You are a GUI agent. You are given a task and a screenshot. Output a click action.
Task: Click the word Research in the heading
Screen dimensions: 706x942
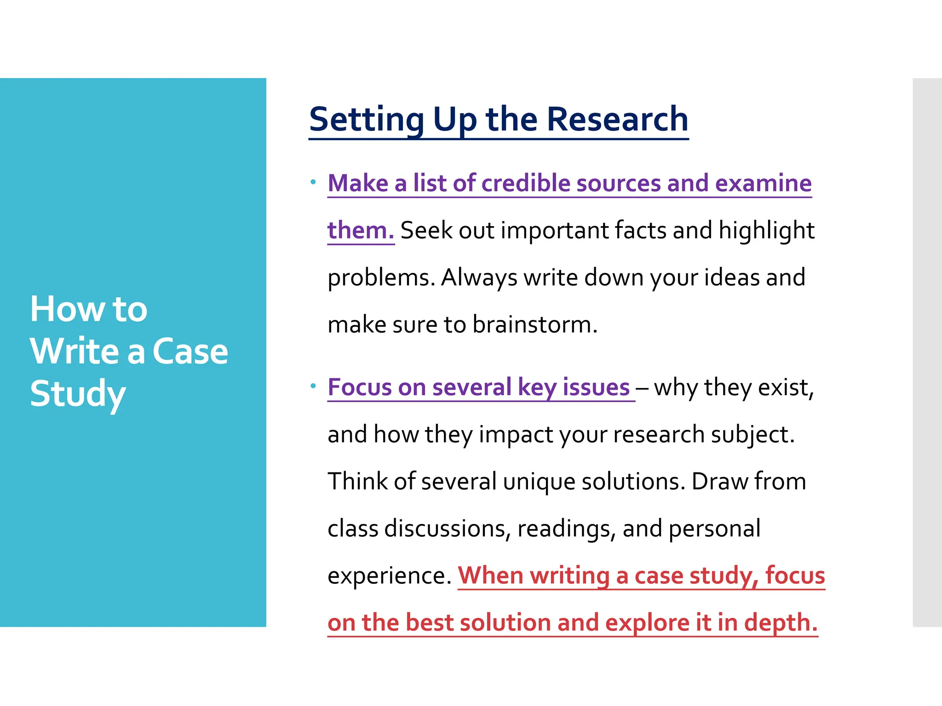(617, 120)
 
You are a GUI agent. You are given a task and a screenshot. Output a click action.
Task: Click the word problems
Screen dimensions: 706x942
(381, 278)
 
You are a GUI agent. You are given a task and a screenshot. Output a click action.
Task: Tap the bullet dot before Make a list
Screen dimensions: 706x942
(313, 182)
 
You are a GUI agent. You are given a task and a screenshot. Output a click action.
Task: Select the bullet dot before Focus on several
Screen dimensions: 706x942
(313, 386)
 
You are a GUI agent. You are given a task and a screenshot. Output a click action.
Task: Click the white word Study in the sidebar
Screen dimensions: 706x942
(78, 394)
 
